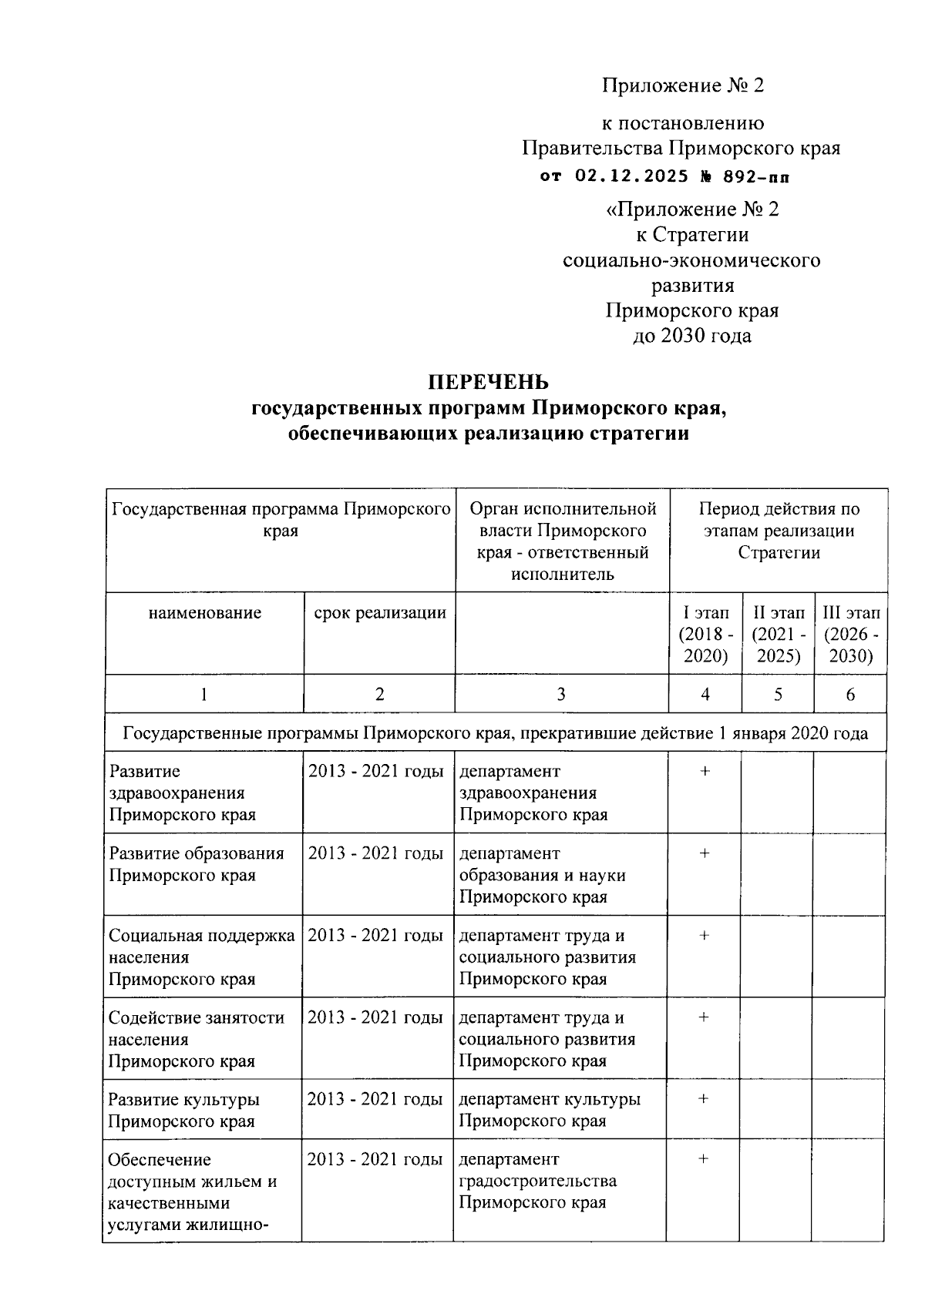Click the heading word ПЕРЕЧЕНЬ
489,382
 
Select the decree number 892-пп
756,176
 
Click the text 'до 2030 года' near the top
691,335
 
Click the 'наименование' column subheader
205,613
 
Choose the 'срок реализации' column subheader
379,613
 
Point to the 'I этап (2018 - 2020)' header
705,635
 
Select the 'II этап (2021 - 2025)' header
778,635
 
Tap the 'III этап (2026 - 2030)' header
850,635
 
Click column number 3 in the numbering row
561,695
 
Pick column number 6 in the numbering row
850,695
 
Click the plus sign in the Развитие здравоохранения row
705,771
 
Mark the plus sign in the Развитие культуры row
704,1099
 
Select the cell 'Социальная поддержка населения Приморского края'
201,957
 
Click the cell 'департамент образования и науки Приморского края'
542,875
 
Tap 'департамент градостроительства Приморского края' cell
537,1181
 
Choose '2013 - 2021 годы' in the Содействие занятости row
375,1017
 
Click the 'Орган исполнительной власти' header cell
562,541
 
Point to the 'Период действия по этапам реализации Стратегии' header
779,531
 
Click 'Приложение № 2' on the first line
682,85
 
